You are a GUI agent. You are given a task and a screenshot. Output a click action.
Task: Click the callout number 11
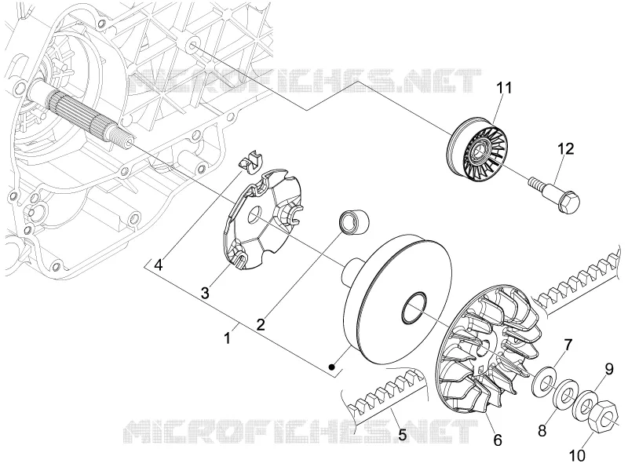tap(504, 87)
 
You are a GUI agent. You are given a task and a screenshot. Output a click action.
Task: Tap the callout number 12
tap(566, 148)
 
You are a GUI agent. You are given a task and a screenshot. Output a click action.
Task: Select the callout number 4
tap(159, 265)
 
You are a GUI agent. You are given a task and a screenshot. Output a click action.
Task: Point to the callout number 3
tap(205, 293)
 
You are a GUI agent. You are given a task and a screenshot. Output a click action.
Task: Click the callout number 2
tap(261, 324)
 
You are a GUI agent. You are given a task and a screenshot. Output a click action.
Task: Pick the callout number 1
tap(227, 338)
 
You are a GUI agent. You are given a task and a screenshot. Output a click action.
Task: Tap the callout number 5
tap(402, 435)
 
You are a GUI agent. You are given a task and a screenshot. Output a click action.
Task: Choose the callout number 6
tap(498, 440)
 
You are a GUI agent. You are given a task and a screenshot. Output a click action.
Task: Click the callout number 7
tap(568, 345)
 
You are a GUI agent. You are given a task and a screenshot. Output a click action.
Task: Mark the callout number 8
tap(542, 431)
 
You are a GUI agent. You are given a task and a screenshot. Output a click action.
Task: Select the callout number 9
tap(609, 369)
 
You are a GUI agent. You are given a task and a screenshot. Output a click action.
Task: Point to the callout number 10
tap(577, 455)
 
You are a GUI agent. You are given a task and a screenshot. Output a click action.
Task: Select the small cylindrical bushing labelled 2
tap(354, 221)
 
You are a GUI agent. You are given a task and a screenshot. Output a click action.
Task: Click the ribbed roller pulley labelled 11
tap(476, 146)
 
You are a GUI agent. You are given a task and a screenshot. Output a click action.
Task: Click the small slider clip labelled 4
tap(250, 162)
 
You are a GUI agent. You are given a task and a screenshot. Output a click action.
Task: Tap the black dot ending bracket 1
tap(331, 367)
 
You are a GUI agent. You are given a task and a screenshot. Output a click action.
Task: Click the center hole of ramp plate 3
tap(255, 214)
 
